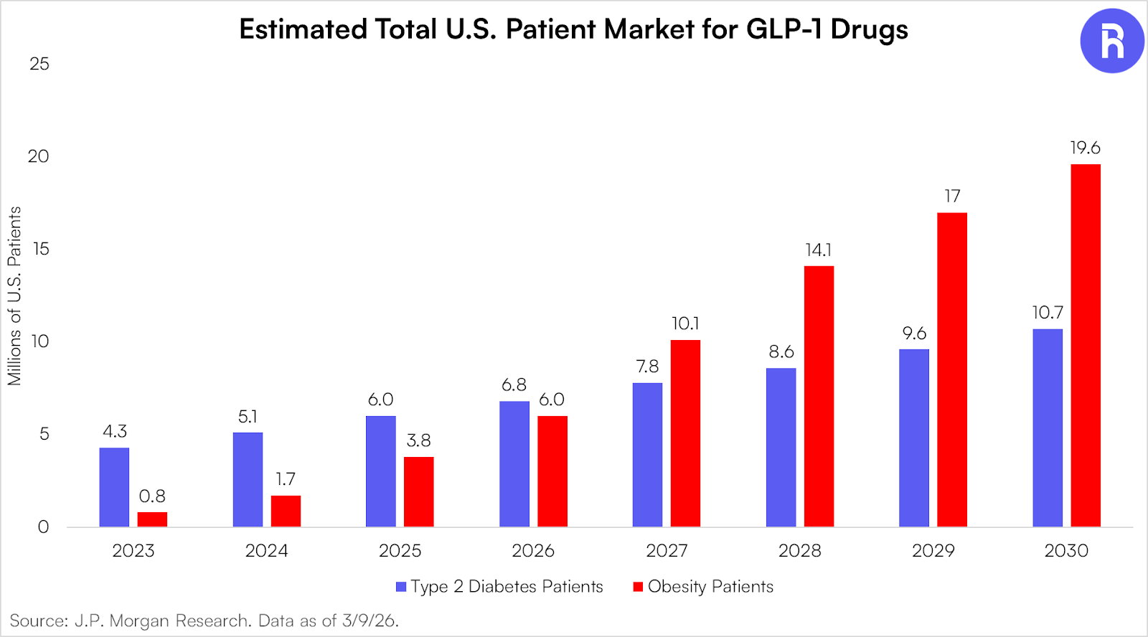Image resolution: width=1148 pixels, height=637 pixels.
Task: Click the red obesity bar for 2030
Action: [1086, 346]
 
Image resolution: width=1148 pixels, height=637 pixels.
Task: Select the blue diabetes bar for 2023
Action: [114, 487]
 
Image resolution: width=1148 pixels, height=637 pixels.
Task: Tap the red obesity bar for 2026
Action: [552, 471]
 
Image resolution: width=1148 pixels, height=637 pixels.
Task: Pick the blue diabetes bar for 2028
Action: [781, 448]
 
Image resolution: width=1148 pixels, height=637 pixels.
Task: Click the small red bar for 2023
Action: [152, 519]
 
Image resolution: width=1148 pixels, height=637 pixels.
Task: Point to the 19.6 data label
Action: [1085, 148]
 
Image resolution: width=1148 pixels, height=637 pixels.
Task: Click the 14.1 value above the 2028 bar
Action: [818, 250]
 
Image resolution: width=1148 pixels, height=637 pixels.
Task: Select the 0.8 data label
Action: [152, 496]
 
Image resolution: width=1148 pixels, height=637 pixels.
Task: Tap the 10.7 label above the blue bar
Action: [1048, 313]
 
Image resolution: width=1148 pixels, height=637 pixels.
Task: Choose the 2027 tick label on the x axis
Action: [667, 551]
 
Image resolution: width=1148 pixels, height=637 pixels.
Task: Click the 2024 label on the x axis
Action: [266, 551]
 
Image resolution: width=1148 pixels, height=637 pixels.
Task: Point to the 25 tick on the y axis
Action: [39, 65]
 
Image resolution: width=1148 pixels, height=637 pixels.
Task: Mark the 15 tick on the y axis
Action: [41, 249]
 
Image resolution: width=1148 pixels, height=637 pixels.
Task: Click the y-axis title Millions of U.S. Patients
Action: [14, 296]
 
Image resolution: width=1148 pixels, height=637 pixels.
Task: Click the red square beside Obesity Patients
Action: [638, 587]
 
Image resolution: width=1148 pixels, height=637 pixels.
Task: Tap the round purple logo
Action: [1111, 41]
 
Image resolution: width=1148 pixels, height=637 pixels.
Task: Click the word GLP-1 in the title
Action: [784, 29]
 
